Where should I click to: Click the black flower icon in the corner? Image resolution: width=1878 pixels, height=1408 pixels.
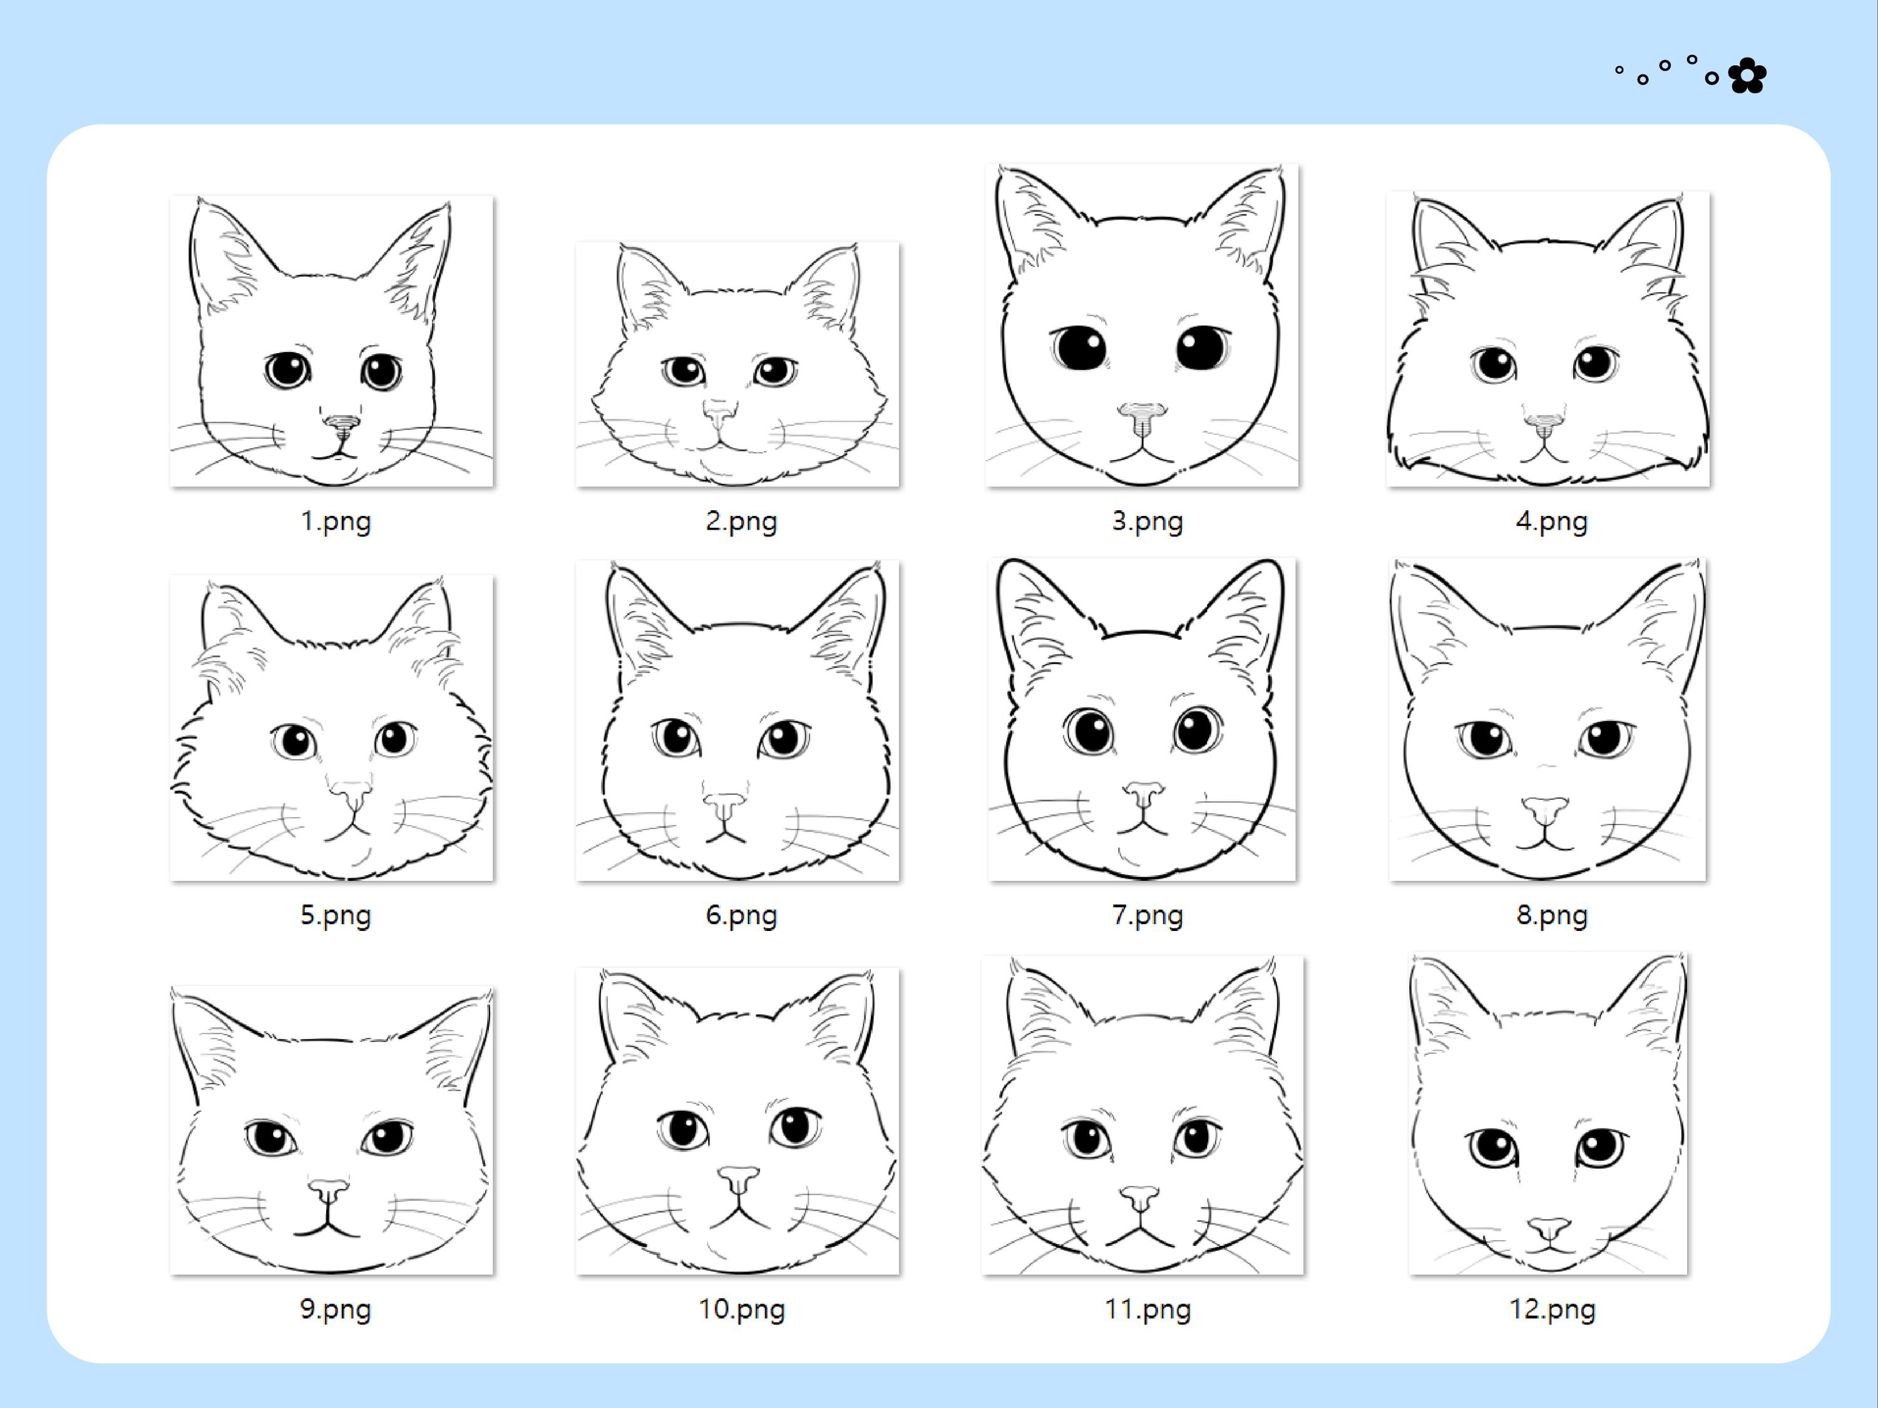pyautogui.click(x=1747, y=76)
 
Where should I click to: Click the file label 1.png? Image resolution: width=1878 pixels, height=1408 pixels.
pyautogui.click(x=336, y=521)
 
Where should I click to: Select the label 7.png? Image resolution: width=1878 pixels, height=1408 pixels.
pyautogui.click(x=1147, y=915)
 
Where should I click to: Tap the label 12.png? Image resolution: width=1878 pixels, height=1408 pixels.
pyautogui.click(x=1551, y=1308)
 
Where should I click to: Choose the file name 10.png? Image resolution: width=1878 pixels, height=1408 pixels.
pyautogui.click(x=741, y=1308)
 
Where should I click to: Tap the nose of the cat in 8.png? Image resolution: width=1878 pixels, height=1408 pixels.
pyautogui.click(x=1545, y=809)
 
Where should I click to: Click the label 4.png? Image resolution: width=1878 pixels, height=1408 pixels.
pyautogui.click(x=1551, y=521)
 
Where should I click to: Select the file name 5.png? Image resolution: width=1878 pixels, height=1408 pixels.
pyautogui.click(x=336, y=915)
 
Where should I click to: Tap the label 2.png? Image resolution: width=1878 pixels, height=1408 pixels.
pyautogui.click(x=741, y=521)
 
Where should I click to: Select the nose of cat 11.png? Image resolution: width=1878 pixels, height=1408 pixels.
pyautogui.click(x=1139, y=1198)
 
